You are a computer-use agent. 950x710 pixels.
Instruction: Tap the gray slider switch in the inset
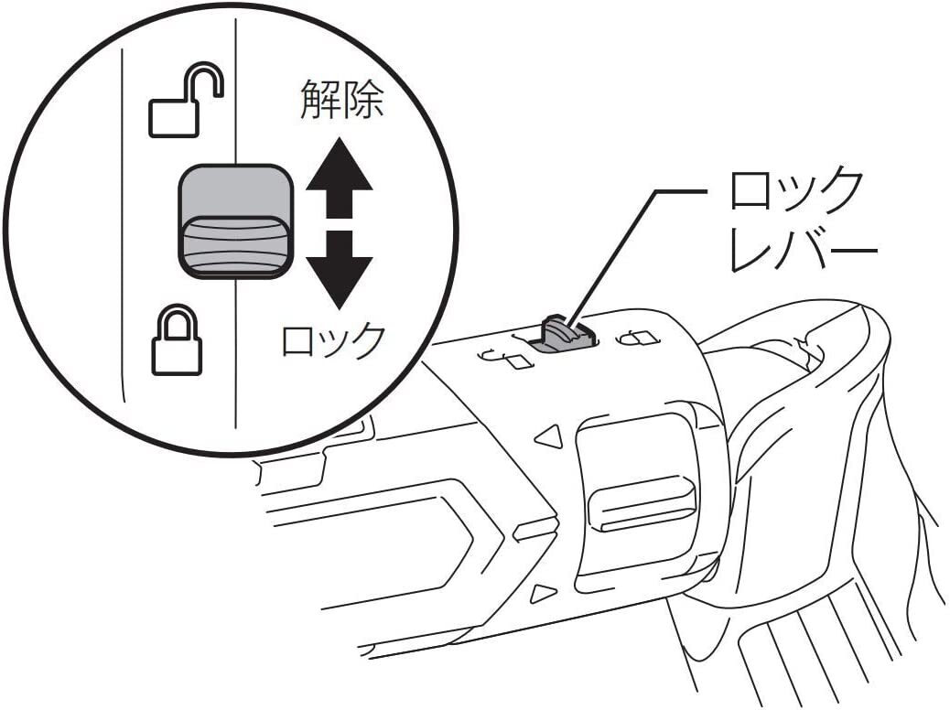[235, 221]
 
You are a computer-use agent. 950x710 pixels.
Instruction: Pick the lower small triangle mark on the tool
[543, 592]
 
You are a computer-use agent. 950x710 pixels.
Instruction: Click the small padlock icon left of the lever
[509, 359]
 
